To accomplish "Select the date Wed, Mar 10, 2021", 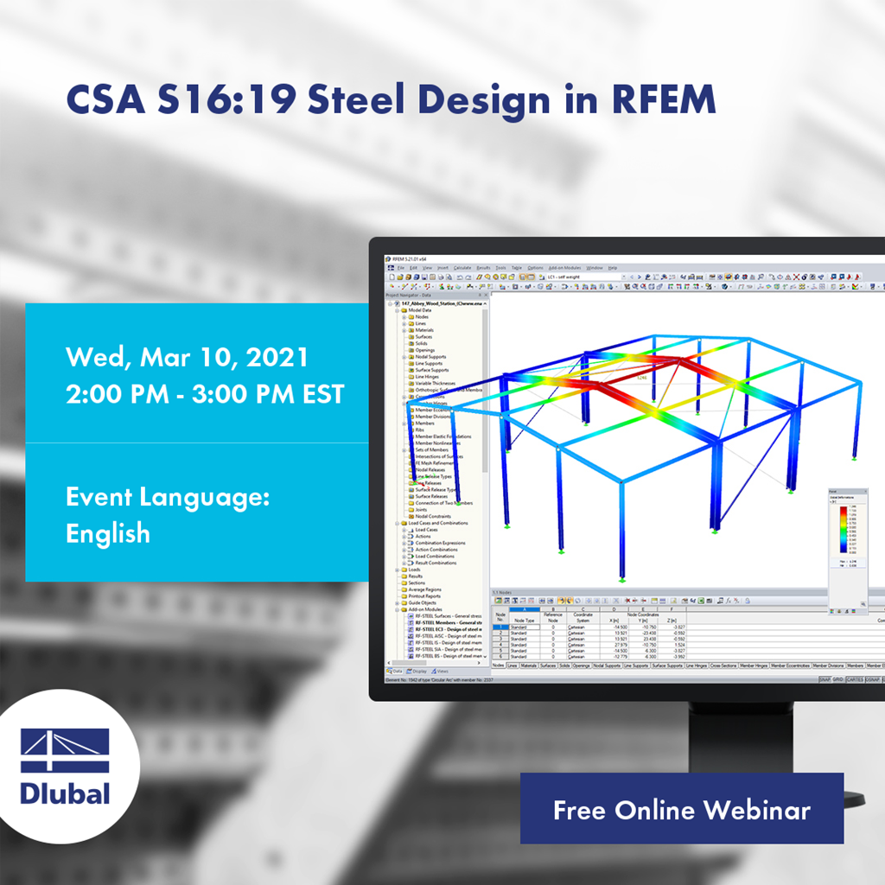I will pos(187,357).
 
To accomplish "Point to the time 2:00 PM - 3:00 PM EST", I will pos(205,394).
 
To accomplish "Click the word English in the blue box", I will pos(108,533).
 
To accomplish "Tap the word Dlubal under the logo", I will pos(65,793).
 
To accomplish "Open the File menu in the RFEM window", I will pos(401,268).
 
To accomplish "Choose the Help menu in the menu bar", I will pos(612,268).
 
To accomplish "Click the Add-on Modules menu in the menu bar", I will pos(567,268).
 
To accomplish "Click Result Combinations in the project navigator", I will pos(436,563).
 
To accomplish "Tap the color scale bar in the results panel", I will pos(842,528).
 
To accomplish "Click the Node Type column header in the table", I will pos(524,620).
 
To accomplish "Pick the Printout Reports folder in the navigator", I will pos(425,596).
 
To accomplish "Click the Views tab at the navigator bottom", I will pos(442,671).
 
